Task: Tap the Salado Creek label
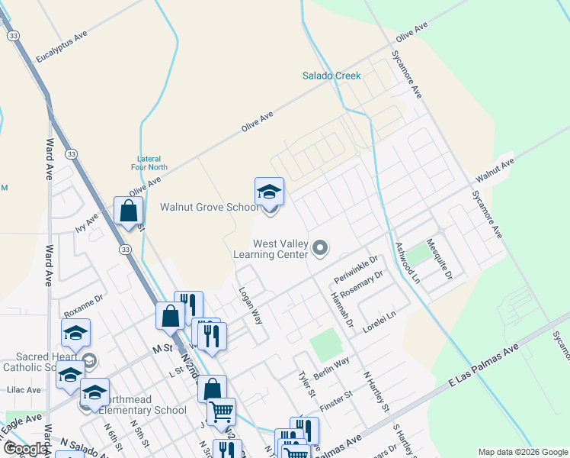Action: click(x=331, y=76)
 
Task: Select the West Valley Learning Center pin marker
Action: click(x=321, y=247)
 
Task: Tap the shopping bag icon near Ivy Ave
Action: click(x=128, y=211)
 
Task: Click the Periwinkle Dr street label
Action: click(x=356, y=268)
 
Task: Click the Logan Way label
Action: click(x=251, y=306)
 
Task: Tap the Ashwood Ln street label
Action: click(x=407, y=264)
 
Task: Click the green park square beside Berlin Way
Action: click(x=326, y=346)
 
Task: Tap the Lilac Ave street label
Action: click(x=23, y=389)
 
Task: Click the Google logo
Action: click(x=25, y=449)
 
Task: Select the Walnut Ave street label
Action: click(x=495, y=171)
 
